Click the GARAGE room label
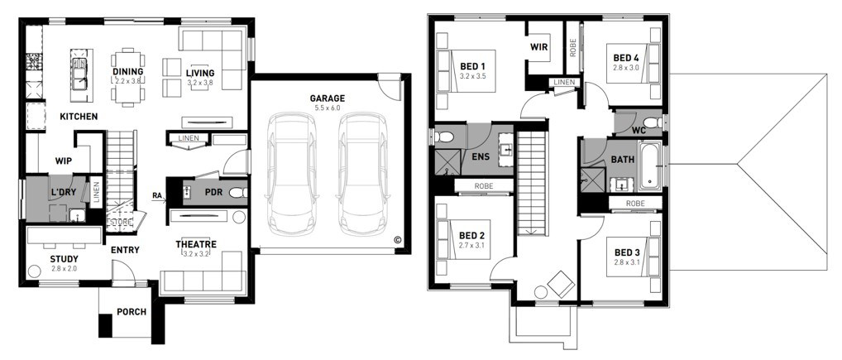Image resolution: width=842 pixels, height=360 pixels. click(327, 98)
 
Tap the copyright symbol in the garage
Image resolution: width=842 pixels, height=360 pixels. click(397, 240)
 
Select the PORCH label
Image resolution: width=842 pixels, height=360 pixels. click(132, 312)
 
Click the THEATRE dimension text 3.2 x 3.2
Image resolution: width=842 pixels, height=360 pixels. click(196, 252)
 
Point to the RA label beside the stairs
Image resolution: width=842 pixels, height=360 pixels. click(157, 195)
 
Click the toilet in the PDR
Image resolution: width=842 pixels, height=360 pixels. click(238, 192)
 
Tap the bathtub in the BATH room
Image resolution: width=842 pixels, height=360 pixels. click(651, 166)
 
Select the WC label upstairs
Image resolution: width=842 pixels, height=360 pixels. click(639, 130)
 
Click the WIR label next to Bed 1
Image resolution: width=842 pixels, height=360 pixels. click(538, 47)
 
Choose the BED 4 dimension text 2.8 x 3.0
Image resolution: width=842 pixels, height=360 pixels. click(626, 68)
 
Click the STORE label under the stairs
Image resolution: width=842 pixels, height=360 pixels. click(119, 221)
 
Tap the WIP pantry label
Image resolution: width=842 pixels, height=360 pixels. click(64, 160)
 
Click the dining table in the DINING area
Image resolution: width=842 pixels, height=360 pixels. click(128, 77)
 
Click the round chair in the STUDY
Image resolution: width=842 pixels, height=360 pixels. click(35, 271)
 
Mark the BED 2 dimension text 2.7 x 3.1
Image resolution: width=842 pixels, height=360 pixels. click(472, 246)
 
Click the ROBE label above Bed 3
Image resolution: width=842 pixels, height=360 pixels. click(634, 204)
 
